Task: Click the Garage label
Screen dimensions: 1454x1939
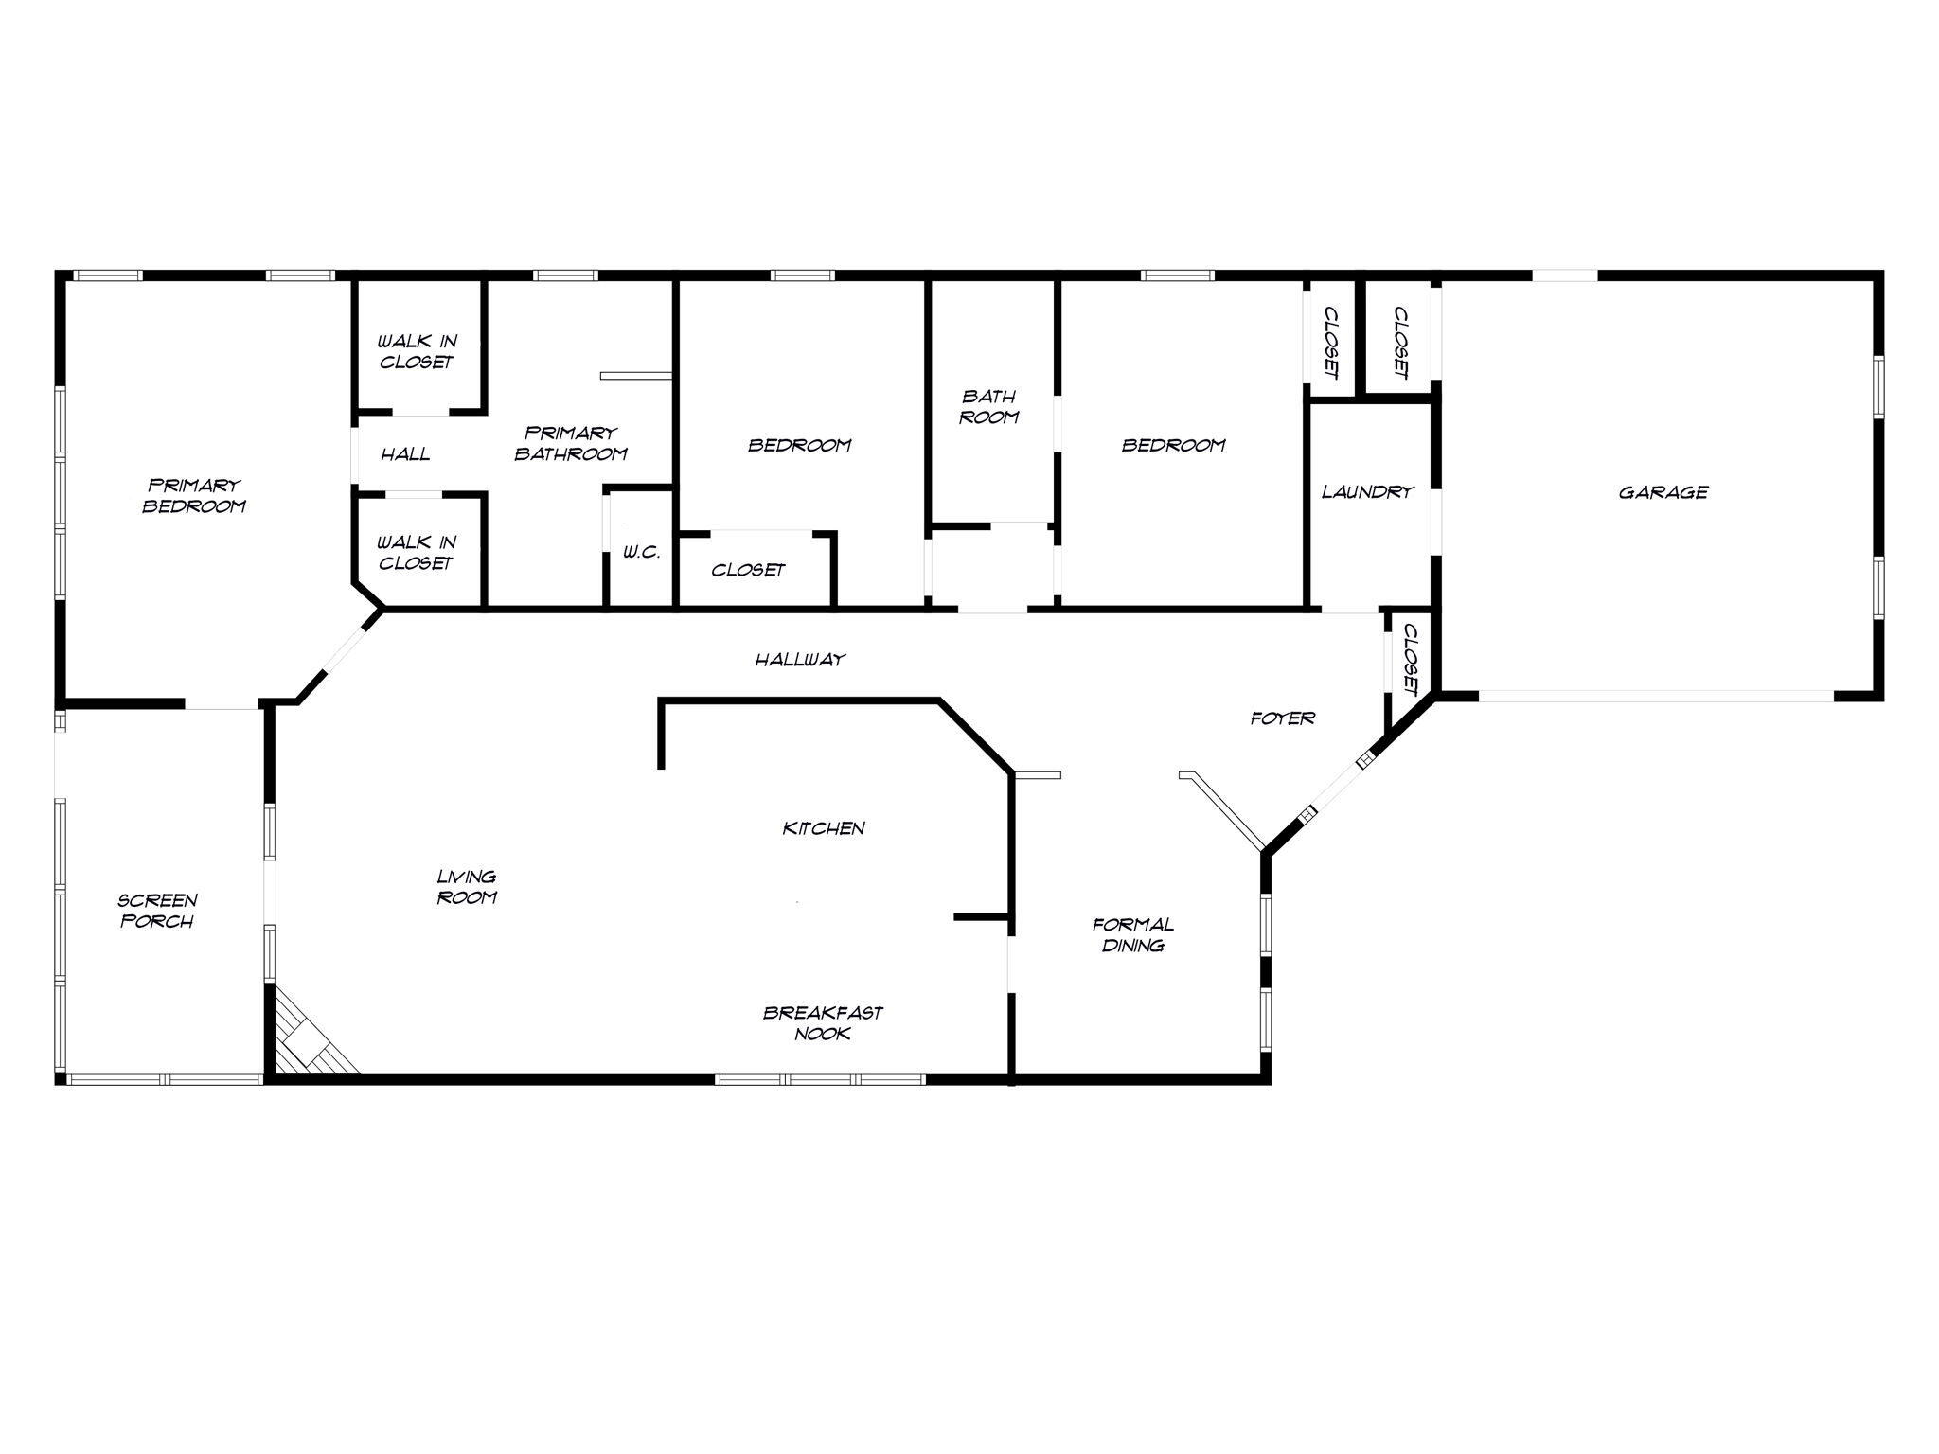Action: coord(1663,492)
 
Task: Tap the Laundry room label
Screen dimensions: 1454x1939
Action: coord(1367,492)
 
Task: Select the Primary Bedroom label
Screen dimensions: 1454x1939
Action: coord(194,496)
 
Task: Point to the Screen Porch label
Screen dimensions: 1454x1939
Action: coord(157,911)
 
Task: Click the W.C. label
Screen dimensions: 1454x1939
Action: coord(641,552)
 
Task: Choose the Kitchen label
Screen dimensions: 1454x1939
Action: coord(824,828)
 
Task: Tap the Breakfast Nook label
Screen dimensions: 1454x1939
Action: coord(823,1023)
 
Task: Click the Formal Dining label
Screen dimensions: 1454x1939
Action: coord(1132,934)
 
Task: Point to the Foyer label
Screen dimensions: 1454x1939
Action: coord(1283,718)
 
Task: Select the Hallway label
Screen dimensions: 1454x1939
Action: coord(800,660)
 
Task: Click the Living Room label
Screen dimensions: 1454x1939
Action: coord(467,887)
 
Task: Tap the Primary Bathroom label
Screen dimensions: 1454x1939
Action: coord(571,443)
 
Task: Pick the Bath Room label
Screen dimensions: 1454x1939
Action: coord(988,406)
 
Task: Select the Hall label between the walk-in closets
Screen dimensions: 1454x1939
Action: coord(405,454)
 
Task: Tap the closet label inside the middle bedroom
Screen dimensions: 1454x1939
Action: coord(748,570)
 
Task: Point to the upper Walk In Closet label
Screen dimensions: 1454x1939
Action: coord(417,351)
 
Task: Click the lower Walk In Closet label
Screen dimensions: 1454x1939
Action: coord(417,553)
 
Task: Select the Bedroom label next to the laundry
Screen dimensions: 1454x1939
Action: coord(1173,445)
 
